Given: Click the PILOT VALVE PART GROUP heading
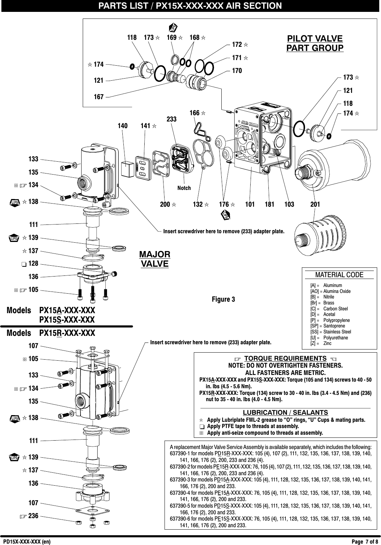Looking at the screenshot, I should [314, 43].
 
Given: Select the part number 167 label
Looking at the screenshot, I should [99, 97].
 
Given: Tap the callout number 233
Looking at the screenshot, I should [172, 119].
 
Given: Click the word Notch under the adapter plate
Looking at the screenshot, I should [184, 188].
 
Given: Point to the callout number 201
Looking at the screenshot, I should [315, 204].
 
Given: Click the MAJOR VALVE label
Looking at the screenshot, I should [154, 259].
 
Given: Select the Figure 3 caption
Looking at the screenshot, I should [223, 300].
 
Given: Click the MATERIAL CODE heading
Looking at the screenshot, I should [339, 275].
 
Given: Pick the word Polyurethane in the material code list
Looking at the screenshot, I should [335, 338].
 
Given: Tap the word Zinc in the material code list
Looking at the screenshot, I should [328, 344].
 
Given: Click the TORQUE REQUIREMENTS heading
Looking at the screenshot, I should [285, 359].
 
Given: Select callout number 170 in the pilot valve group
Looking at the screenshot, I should [237, 71].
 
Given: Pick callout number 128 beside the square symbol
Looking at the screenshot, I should [33, 264].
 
